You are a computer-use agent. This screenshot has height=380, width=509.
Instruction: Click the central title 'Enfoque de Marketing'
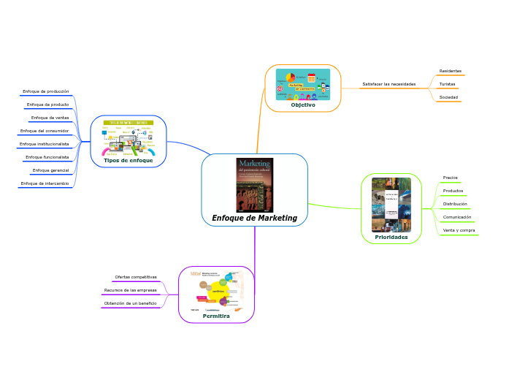(x=254, y=218)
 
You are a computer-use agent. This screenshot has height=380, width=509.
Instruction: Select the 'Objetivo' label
(x=303, y=104)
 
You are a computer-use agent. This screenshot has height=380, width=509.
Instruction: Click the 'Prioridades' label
(x=391, y=237)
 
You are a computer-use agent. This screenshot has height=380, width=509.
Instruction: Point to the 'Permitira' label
(x=216, y=316)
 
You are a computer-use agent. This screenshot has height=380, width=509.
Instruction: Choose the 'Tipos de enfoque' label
(x=129, y=160)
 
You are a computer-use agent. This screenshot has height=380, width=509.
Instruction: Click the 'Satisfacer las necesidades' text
(x=389, y=84)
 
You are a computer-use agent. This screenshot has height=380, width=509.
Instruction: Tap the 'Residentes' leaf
(x=450, y=71)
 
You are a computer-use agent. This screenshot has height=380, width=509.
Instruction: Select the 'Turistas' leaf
(x=447, y=84)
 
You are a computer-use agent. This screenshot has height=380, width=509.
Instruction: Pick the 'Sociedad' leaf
(x=448, y=97)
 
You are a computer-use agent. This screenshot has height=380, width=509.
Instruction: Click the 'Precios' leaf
(x=450, y=178)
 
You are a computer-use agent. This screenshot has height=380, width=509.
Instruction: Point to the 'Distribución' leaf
(x=455, y=204)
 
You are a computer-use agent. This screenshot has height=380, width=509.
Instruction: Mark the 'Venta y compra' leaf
(x=459, y=230)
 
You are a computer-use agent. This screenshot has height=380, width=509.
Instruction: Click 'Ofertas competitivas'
(x=136, y=277)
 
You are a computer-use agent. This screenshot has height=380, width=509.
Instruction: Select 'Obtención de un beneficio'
(x=131, y=303)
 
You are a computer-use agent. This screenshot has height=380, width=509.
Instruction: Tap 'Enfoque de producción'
(x=46, y=91)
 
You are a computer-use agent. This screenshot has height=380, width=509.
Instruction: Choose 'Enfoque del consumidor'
(x=45, y=131)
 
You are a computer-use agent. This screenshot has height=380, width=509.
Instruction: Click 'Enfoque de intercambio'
(x=45, y=183)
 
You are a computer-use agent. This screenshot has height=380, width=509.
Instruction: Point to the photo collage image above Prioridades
(x=391, y=205)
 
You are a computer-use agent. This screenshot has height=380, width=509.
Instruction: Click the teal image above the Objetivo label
(x=302, y=84)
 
